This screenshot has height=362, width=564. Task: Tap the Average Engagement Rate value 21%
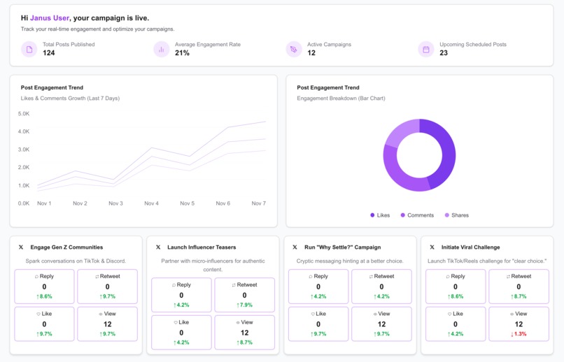[182, 53]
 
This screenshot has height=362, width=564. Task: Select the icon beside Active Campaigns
[294, 49]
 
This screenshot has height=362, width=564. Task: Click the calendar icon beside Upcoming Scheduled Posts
[426, 49]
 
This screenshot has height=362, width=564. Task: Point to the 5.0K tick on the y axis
[24, 113]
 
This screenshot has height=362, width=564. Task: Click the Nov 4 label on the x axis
[151, 203]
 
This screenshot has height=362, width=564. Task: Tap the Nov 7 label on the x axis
[259, 203]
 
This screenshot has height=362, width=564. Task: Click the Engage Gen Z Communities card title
[66, 247]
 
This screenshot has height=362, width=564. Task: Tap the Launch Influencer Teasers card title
[202, 247]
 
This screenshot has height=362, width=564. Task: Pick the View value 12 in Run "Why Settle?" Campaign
[381, 324]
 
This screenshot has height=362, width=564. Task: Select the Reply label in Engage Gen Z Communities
[44, 276]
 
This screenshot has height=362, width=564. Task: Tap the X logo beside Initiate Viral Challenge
[432, 247]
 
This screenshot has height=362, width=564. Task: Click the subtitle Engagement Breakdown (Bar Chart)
[341, 98]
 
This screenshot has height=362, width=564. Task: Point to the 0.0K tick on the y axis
[24, 203]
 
